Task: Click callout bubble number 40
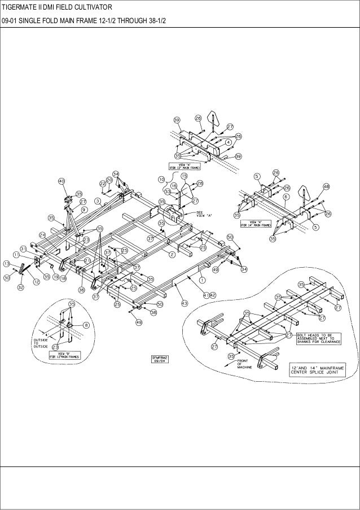pyautogui.click(x=62, y=181)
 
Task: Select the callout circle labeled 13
pyautogui.click(x=6, y=264)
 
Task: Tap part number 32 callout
pyautogui.click(x=20, y=287)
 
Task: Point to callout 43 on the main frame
pyautogui.click(x=184, y=303)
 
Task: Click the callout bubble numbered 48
pyautogui.click(x=326, y=186)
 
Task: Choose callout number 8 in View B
pyautogui.click(x=86, y=325)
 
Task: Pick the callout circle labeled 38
pyautogui.click(x=153, y=312)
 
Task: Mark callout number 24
pyautogui.click(x=42, y=234)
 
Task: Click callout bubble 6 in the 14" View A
pyautogui.click(x=286, y=197)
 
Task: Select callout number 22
pyautogui.click(x=103, y=184)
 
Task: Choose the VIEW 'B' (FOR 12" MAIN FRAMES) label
pyautogui.click(x=64, y=355)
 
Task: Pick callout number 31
pyautogui.click(x=23, y=249)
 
